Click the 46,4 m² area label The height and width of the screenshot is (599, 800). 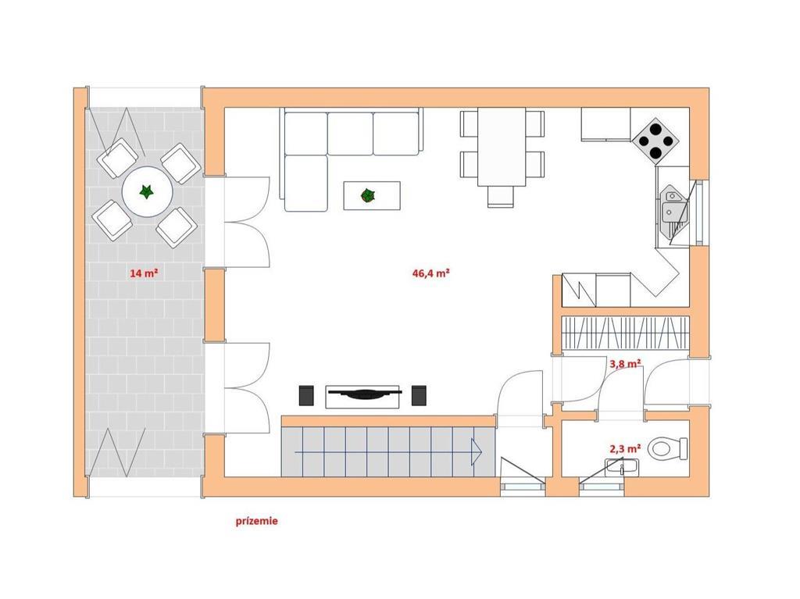point(430,273)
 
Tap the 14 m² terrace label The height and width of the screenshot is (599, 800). point(144,273)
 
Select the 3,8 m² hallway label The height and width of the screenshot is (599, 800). point(626,364)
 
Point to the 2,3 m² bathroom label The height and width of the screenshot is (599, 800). point(626,448)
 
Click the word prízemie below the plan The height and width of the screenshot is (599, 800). point(256,521)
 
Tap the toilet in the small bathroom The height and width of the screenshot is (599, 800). point(668,448)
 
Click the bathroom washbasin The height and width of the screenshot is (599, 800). point(622,467)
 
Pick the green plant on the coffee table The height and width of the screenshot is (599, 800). point(367,195)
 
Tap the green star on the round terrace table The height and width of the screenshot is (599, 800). point(147,192)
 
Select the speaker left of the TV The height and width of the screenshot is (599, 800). point(306,395)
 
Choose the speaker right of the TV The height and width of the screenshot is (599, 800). point(419,395)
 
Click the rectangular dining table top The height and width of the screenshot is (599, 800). point(502,147)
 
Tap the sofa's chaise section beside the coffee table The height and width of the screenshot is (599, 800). point(306,184)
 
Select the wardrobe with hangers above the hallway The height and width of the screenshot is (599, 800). point(626,332)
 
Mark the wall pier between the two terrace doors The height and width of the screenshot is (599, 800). point(214,305)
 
